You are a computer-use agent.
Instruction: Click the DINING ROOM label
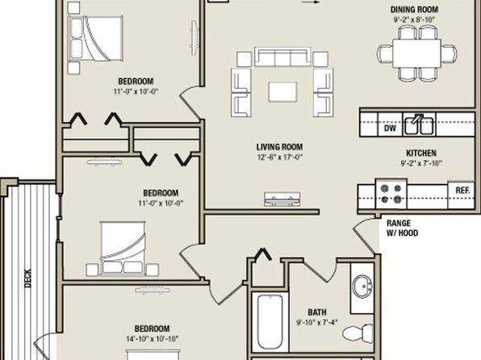tap(414, 10)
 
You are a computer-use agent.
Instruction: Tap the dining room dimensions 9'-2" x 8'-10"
tap(415, 19)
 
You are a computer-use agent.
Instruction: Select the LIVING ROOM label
tap(279, 147)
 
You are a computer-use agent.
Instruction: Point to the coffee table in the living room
tap(282, 92)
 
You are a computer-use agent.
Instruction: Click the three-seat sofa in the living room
tap(282, 57)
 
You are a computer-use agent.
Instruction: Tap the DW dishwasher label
tap(390, 128)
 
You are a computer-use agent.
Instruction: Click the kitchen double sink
tap(419, 124)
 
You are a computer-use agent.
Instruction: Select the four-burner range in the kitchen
tap(391, 194)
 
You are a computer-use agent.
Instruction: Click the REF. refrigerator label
tap(462, 190)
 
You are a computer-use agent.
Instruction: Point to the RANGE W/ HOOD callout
tap(402, 228)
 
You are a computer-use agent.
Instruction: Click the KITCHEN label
tap(421, 153)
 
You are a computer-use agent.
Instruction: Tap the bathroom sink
tap(362, 286)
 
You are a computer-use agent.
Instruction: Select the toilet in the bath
tap(358, 333)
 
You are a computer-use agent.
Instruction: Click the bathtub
tap(270, 321)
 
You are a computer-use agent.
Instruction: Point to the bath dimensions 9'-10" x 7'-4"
tap(317, 322)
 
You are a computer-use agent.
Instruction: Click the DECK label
tap(27, 278)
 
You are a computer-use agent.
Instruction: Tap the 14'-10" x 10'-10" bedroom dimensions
tap(153, 339)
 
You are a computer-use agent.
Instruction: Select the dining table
tap(417, 54)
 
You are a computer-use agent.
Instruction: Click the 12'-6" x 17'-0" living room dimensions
tap(279, 157)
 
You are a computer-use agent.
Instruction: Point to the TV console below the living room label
tap(282, 199)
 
